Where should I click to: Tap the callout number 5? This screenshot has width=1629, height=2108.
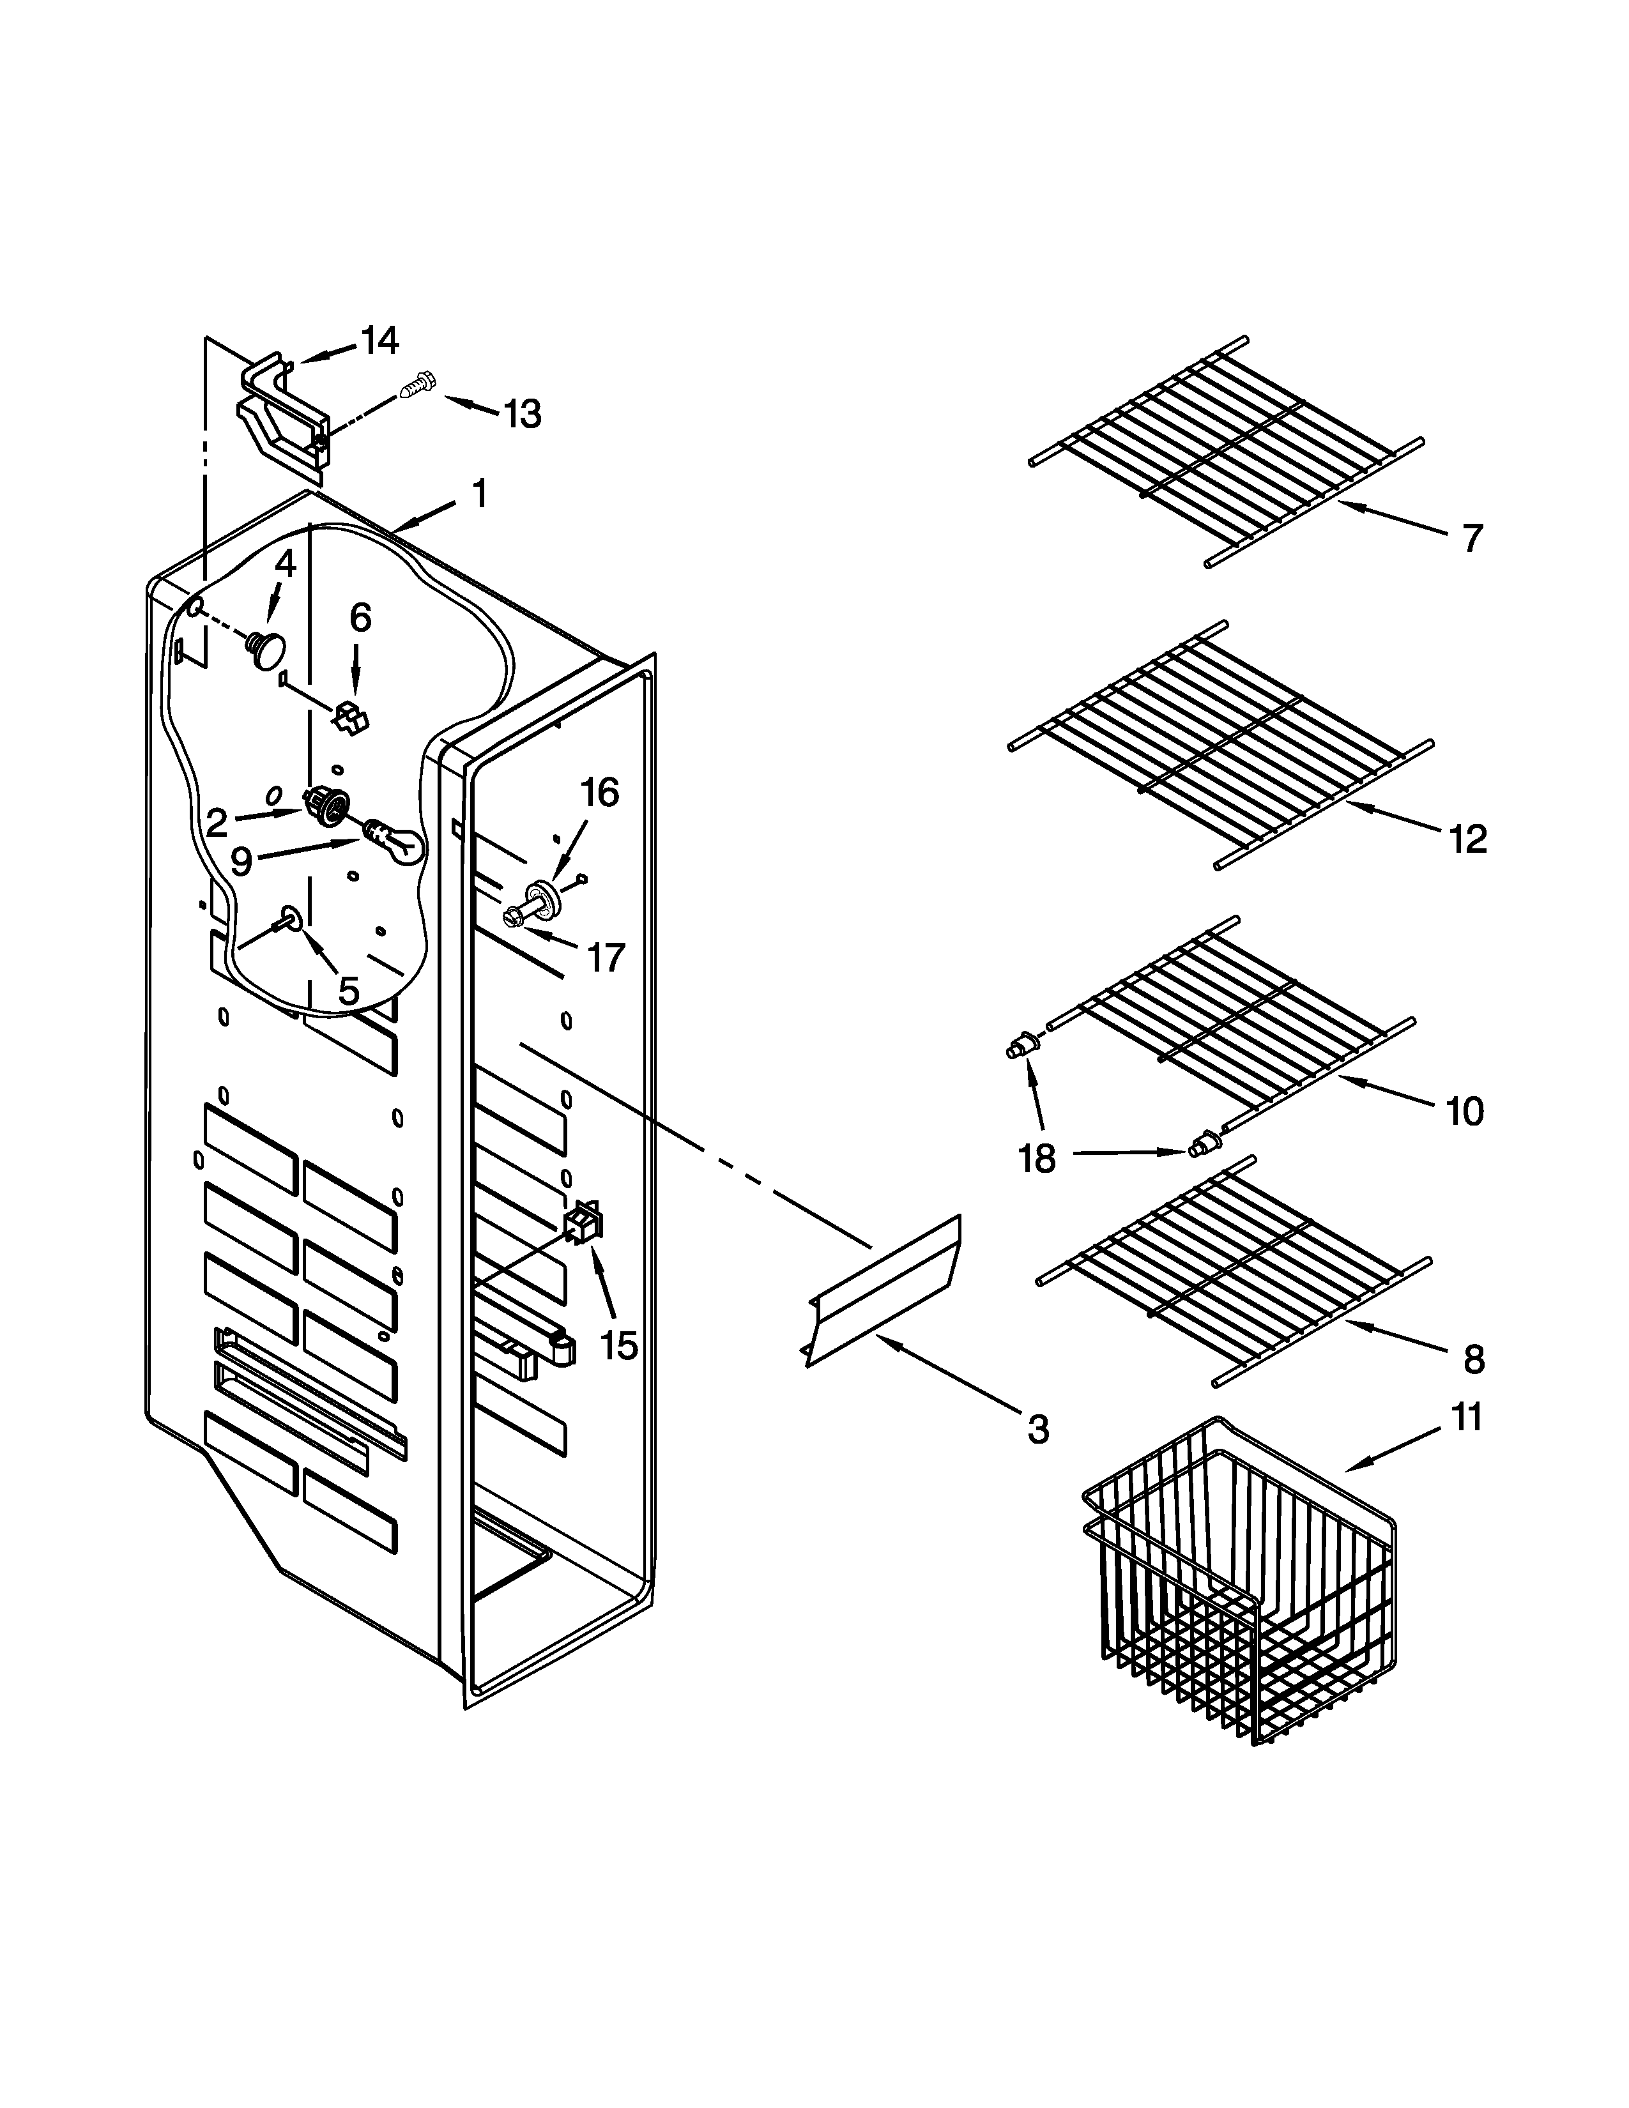(348, 990)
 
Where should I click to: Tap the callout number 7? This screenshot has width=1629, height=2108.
(1471, 538)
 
